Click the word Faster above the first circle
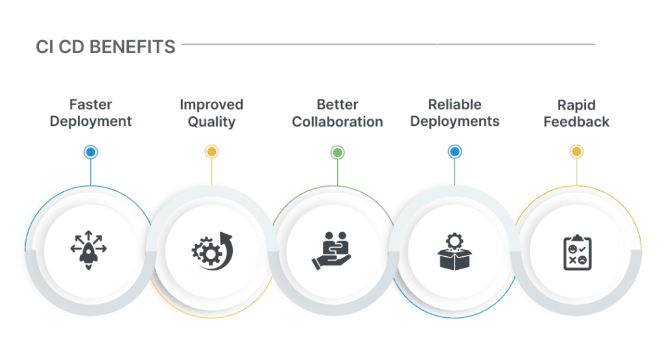91,104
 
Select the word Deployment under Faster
91,121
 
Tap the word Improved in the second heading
211,104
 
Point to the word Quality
211,121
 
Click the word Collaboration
337,121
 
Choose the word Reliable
455,104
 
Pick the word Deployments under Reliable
455,121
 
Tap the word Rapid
576,104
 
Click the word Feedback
576,121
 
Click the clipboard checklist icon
576,252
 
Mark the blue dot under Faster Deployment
91,152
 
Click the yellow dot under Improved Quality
211,152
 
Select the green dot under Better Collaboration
337,152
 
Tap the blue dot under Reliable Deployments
455,152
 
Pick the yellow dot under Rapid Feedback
576,152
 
